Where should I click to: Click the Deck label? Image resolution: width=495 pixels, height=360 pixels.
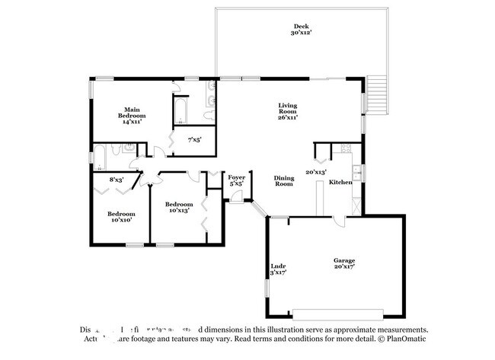tap(302, 30)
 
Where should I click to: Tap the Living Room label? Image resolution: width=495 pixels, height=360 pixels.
tap(287, 111)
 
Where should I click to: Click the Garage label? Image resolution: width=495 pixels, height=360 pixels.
tap(344, 263)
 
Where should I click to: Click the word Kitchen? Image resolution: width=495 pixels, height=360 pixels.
tap(340, 182)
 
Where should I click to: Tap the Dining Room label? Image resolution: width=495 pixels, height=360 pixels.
tap(284, 180)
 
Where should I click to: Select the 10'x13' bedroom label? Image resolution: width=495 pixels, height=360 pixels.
tap(179, 207)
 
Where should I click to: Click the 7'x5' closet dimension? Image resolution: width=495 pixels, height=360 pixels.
tap(196, 139)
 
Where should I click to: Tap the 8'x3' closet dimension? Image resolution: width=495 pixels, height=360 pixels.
tap(116, 180)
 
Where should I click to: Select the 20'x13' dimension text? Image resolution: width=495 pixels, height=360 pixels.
tap(315, 172)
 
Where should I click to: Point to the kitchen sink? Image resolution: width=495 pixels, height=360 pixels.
tap(358, 173)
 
